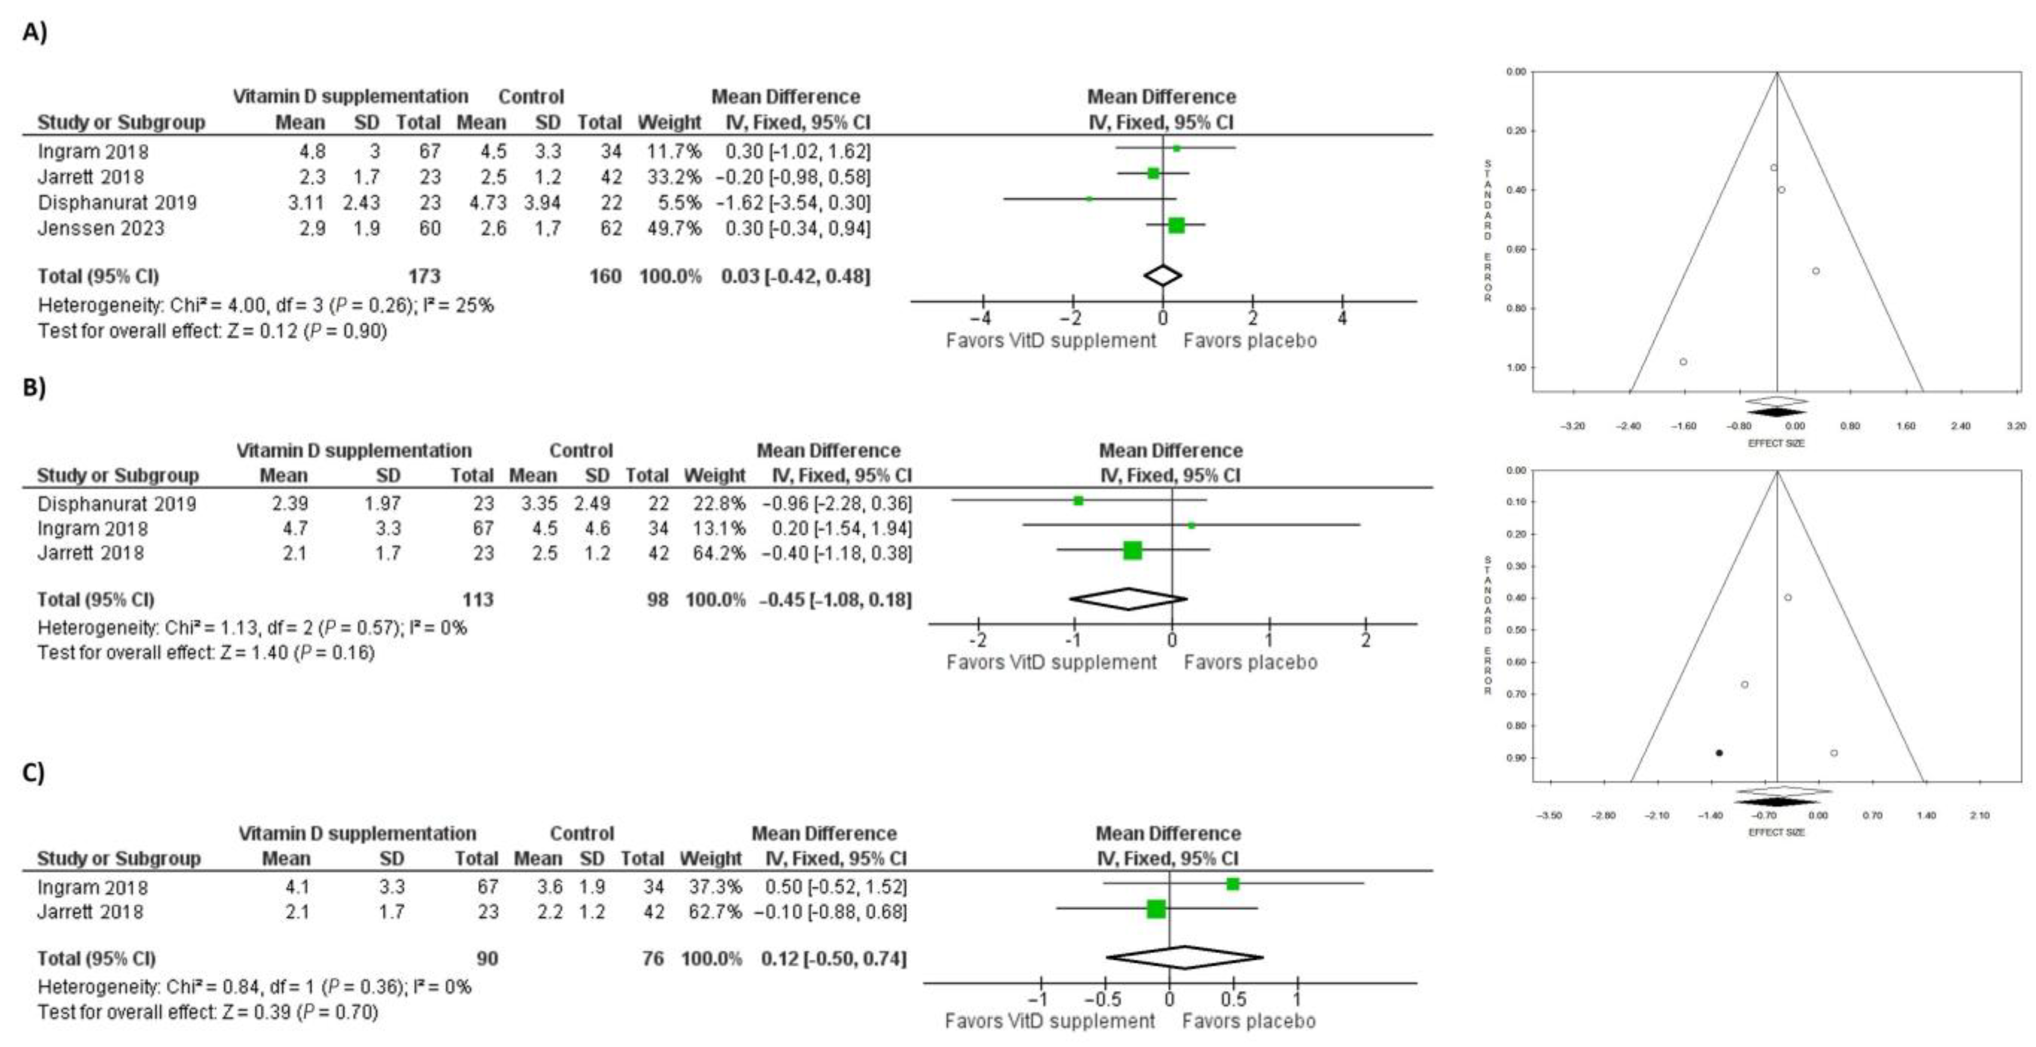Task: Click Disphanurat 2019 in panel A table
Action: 117,203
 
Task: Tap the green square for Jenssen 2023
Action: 1176,225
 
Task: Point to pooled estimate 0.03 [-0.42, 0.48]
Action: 795,276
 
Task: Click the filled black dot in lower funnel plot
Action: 1719,753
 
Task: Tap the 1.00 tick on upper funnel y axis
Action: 1516,368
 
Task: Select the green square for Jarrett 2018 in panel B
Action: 1133,550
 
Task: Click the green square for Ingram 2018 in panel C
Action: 1232,884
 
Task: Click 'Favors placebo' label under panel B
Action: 1250,662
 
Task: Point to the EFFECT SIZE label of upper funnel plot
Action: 1776,443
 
